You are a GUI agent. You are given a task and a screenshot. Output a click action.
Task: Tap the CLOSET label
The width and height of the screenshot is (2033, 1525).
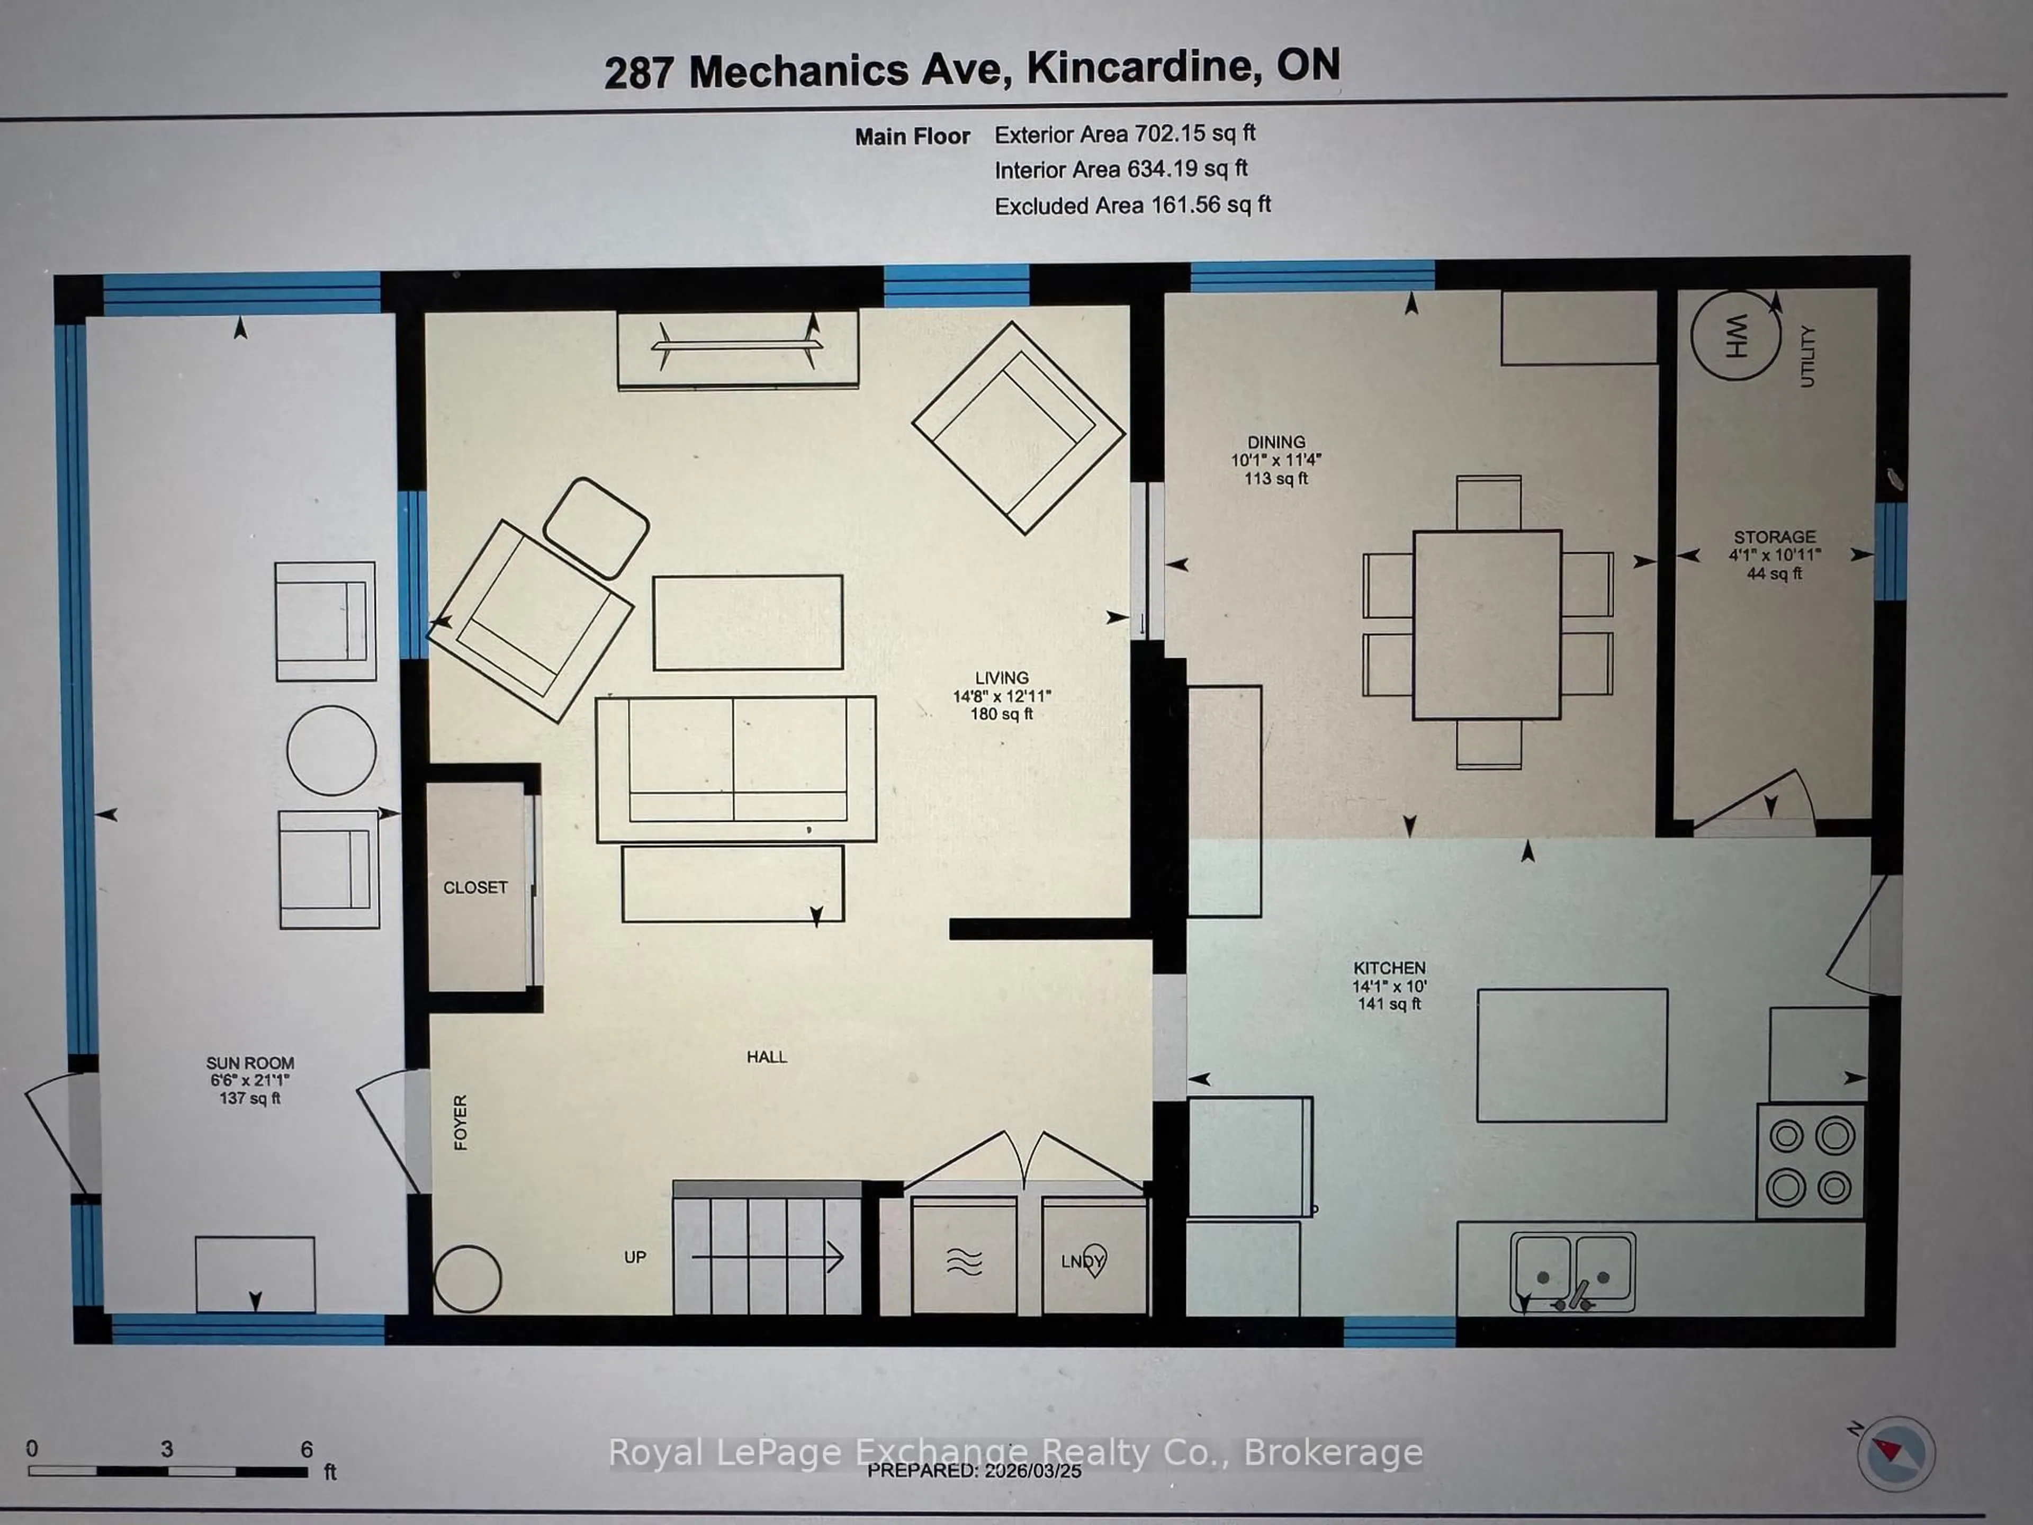(475, 887)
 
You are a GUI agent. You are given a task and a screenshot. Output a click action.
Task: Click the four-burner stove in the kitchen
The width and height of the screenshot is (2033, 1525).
(1810, 1162)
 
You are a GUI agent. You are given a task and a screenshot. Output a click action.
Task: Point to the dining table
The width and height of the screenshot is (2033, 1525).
(1487, 624)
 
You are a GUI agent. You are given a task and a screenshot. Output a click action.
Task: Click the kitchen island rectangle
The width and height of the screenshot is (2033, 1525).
(1572, 1054)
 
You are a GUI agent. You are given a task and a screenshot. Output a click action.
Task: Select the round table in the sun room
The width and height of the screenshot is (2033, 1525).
(331, 750)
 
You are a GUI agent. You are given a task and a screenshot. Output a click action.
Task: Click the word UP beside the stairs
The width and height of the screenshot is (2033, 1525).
(635, 1257)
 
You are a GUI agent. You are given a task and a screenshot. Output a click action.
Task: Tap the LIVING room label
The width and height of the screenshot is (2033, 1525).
(1002, 677)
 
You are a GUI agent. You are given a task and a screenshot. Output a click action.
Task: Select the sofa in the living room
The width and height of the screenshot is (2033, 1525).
(735, 768)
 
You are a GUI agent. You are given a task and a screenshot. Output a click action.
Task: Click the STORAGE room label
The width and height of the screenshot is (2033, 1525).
(1774, 537)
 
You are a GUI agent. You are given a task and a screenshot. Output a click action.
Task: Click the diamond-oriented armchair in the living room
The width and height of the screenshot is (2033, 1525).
(1018, 427)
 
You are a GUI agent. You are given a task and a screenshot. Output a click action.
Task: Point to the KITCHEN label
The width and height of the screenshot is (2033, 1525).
(1389, 968)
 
